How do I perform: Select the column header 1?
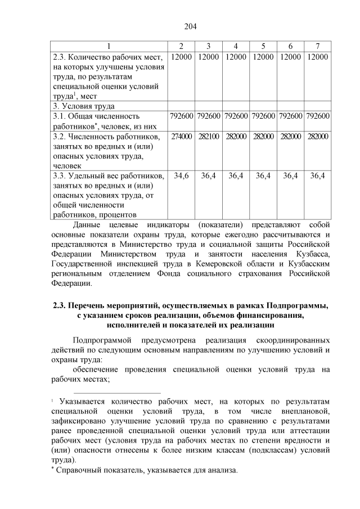[109, 46]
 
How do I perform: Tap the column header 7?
[317, 46]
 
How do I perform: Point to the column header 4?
[235, 46]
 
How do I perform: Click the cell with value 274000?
[181, 137]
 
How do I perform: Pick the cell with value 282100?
[208, 137]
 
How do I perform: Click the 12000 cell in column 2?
[181, 57]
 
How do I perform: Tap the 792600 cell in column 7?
[317, 116]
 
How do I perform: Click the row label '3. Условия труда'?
[83, 106]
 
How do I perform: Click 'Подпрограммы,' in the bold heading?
[298, 306]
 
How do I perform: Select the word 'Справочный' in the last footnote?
[79, 470]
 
